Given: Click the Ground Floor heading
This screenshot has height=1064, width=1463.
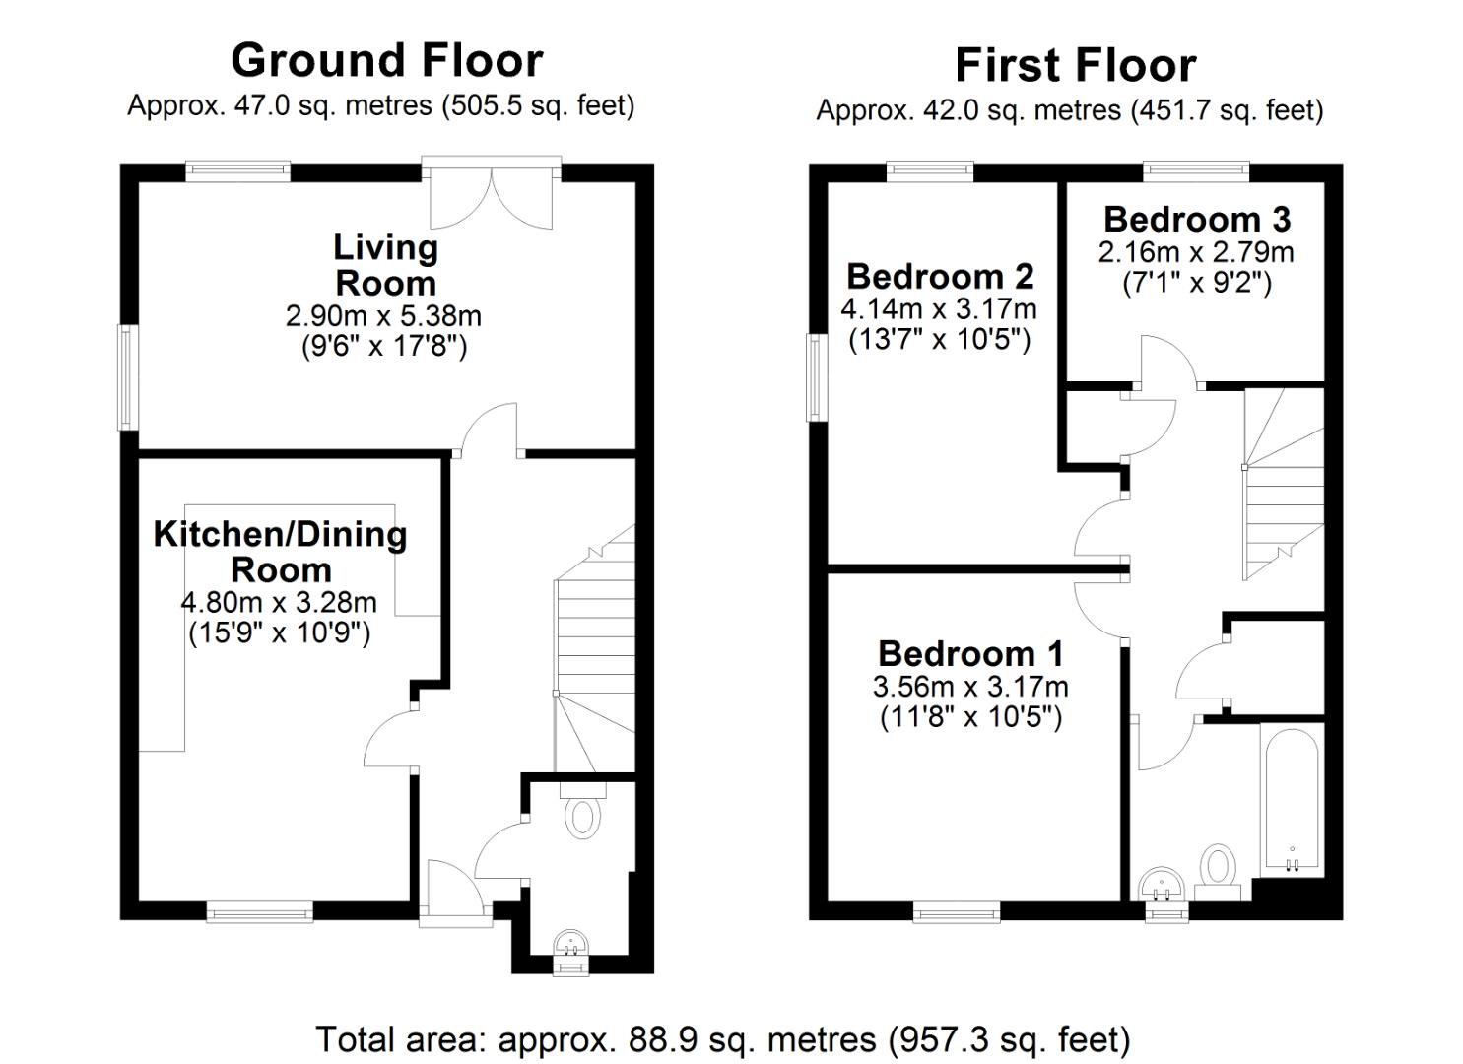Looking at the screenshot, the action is (x=387, y=60).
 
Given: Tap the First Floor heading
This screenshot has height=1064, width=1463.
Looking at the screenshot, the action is (x=1076, y=65).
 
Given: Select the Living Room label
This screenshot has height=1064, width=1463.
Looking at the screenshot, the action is (x=385, y=265).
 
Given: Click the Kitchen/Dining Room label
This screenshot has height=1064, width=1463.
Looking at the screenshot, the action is (x=281, y=552).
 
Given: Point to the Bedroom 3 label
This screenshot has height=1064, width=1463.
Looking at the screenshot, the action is (x=1197, y=220).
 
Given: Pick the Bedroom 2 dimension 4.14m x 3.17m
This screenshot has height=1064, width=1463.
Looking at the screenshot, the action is (x=939, y=309).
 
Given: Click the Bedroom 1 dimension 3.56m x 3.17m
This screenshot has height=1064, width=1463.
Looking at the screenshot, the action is (x=970, y=687).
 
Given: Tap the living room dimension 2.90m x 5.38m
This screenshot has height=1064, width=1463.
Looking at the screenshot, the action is (x=383, y=316).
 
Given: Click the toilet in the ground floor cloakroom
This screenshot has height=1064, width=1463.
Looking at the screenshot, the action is (x=582, y=810).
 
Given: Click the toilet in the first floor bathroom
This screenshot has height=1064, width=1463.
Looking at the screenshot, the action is (x=1218, y=873).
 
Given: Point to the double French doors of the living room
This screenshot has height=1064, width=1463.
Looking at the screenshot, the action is (x=492, y=193).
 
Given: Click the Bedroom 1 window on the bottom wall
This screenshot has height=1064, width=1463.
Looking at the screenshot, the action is (x=957, y=912).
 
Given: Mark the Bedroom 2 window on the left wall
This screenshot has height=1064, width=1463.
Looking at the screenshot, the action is (x=817, y=377).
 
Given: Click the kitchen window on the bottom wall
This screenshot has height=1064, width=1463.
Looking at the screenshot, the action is (x=259, y=912).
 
